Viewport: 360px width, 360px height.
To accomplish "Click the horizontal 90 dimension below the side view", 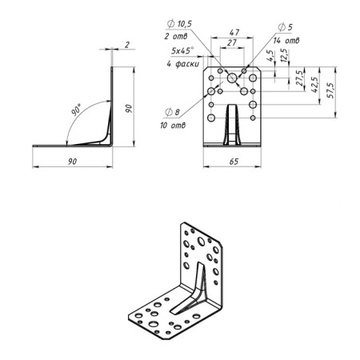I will coord(72,161).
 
